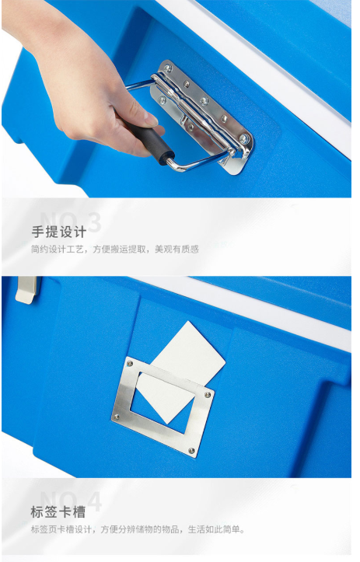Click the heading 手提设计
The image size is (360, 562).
(59, 232)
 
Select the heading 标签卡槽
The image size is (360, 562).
(58, 511)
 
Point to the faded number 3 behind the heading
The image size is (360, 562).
(94, 222)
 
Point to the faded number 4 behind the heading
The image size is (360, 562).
(94, 502)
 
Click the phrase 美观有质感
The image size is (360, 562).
(177, 249)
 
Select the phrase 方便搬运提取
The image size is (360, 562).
(120, 249)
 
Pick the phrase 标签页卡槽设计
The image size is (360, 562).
(61, 529)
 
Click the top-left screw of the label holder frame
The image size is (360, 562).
(130, 364)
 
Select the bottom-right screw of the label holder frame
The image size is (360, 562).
(191, 450)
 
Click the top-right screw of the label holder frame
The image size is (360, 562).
(208, 395)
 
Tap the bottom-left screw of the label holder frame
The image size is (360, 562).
(117, 417)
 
